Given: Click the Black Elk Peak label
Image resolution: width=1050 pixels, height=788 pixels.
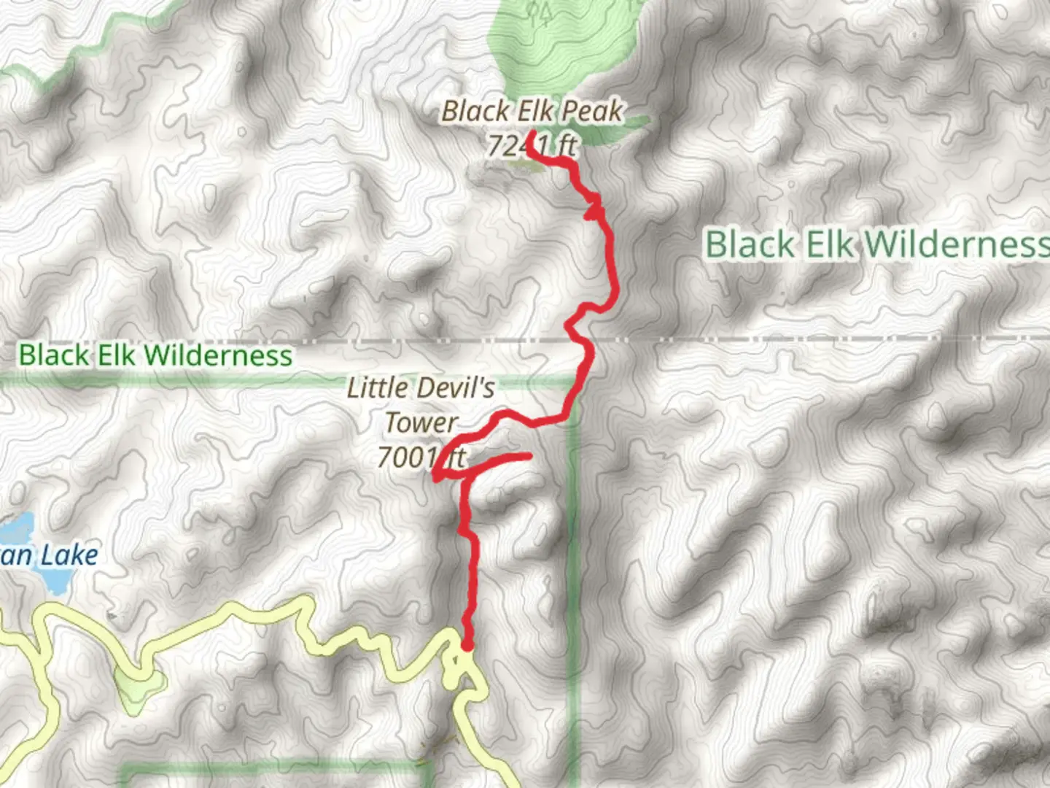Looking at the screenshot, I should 532,112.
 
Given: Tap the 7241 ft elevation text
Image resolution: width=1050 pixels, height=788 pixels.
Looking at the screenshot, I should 532,146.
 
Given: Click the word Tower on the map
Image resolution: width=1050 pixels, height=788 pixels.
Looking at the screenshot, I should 421,422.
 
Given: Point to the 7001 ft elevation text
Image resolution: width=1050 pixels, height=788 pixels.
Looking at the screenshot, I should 421,457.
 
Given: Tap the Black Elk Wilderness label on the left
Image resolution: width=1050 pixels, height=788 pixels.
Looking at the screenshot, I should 155,355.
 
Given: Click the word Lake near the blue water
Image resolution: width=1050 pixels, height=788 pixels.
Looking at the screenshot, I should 69,555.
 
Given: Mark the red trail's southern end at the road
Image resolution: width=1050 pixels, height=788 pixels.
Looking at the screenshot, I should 467,645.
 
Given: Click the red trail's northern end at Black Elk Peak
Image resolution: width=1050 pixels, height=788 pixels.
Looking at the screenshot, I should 532,134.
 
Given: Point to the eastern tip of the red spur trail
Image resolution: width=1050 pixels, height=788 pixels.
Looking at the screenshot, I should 527,457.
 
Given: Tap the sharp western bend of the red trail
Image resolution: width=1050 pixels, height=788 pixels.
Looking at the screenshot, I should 436,477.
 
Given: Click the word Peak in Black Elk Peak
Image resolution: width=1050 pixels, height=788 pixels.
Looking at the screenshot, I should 592,112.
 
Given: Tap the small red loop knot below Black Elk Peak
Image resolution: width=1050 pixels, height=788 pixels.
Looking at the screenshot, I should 594,209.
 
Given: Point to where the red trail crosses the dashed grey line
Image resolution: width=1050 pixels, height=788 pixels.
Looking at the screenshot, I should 588,340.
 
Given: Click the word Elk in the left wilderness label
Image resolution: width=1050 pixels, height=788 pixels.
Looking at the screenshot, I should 117,355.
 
